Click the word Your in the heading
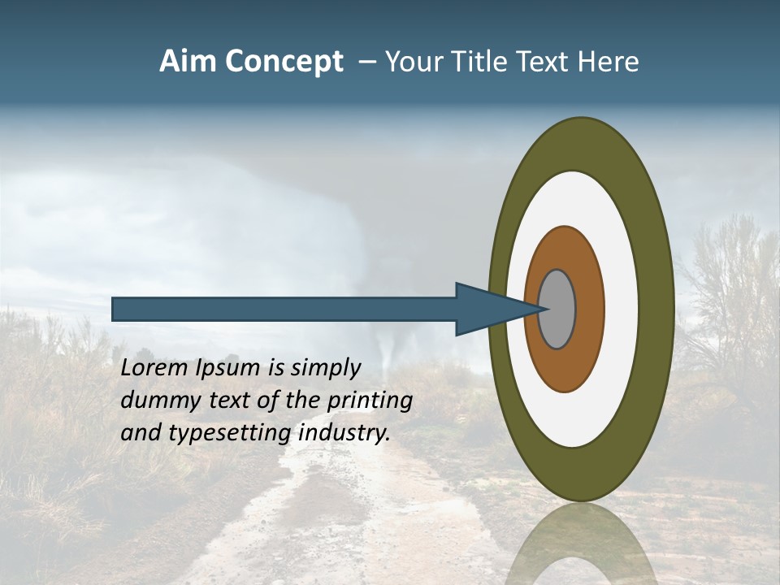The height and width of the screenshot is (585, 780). [411, 62]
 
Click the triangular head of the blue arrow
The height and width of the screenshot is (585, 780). [487, 309]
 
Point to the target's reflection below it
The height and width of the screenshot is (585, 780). [581, 544]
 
